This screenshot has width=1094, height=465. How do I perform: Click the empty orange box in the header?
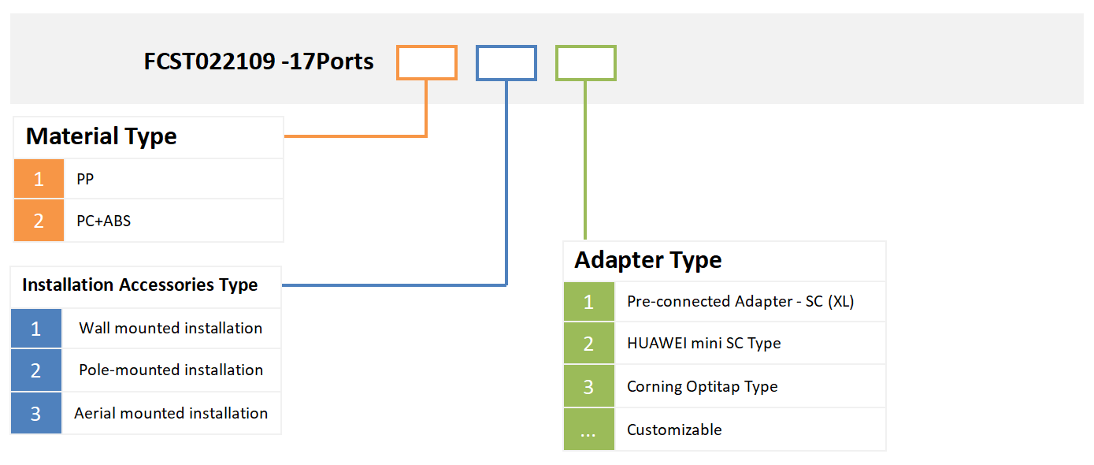pyautogui.click(x=426, y=63)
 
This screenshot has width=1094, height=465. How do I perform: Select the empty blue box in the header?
pyautogui.click(x=506, y=63)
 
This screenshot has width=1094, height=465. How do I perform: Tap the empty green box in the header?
pyautogui.click(x=585, y=63)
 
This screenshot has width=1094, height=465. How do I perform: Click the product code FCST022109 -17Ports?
pyautogui.click(x=258, y=61)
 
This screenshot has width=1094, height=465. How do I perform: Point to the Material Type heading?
pyautogui.click(x=101, y=136)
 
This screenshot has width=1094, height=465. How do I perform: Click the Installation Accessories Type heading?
pyautogui.click(x=139, y=285)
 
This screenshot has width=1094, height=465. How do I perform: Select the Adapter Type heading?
pyautogui.click(x=647, y=260)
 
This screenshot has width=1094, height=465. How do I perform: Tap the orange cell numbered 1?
pyautogui.click(x=39, y=179)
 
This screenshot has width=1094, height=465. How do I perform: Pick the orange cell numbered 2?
pyautogui.click(x=39, y=221)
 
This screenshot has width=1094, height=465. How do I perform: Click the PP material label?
pyautogui.click(x=85, y=180)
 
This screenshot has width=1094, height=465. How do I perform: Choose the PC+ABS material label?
pyautogui.click(x=103, y=221)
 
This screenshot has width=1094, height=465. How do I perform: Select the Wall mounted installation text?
pyautogui.click(x=170, y=328)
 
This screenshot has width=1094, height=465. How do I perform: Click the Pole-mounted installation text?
pyautogui.click(x=171, y=370)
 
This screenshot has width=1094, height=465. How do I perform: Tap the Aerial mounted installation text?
pyautogui.click(x=171, y=413)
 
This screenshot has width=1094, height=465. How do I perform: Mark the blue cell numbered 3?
pyautogui.click(x=36, y=413)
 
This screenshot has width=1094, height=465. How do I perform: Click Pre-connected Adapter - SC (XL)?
pyautogui.click(x=740, y=301)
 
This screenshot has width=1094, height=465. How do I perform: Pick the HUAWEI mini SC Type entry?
pyautogui.click(x=703, y=344)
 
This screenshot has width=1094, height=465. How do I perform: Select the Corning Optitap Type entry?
pyautogui.click(x=702, y=387)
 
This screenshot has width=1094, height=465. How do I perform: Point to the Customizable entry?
pyautogui.click(x=674, y=430)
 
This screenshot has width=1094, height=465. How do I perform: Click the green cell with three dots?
pyautogui.click(x=588, y=430)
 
